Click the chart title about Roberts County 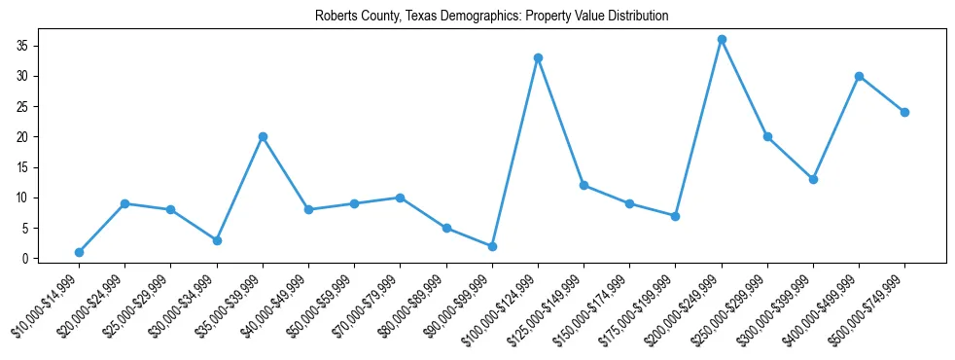pyautogui.click(x=491, y=17)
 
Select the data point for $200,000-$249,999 pyautogui.click(x=722, y=40)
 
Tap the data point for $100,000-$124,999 pyautogui.click(x=538, y=57)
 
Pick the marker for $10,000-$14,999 pyautogui.click(x=79, y=252)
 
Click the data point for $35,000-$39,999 pyautogui.click(x=263, y=137)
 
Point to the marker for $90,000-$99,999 pyautogui.click(x=492, y=246)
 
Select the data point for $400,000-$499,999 pyautogui.click(x=859, y=76)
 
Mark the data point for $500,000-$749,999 pyautogui.click(x=904, y=112)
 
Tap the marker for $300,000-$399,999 pyautogui.click(x=813, y=179)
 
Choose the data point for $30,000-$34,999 pyautogui.click(x=217, y=240)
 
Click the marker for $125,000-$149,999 pyautogui.click(x=584, y=185)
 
